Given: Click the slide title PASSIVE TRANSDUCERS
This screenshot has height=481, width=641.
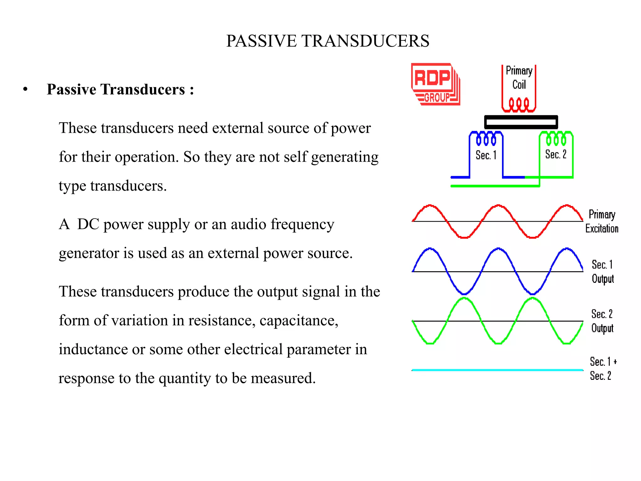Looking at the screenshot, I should tap(327, 41).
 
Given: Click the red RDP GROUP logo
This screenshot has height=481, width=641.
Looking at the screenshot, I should tap(435, 84).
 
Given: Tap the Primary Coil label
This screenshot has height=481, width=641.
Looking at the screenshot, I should tap(519, 78).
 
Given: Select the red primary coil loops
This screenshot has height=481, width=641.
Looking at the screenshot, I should tap(519, 104).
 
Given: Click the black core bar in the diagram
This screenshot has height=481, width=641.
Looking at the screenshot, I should tap(521, 122).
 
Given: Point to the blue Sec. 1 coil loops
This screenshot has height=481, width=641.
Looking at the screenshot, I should tap(486, 139).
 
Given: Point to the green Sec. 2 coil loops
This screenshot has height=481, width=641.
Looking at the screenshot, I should tap(556, 139).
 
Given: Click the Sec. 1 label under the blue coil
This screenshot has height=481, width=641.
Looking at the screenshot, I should tap(486, 155).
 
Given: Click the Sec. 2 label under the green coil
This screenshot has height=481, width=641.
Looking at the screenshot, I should tap(556, 154).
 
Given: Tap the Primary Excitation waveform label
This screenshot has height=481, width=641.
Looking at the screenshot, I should tap(602, 221).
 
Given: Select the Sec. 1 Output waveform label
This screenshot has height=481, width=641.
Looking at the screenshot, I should tap(603, 272).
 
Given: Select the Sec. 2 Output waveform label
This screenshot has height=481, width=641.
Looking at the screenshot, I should tap(602, 321).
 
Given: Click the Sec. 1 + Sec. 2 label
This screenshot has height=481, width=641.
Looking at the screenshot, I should tap(603, 369).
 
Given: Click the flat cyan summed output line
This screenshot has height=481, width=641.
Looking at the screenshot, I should tap(497, 370).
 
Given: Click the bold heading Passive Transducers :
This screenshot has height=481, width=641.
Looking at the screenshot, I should tap(120, 90).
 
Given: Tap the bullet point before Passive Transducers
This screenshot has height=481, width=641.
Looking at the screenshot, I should tap(25, 90).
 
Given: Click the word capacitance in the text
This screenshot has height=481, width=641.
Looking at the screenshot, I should tap(299, 320).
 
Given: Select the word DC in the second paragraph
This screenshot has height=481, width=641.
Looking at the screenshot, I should tap(88, 224).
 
